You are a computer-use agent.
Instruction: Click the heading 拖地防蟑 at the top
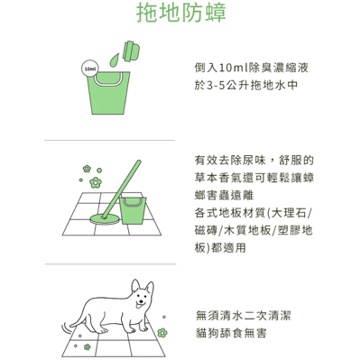pyautogui.click(x=180, y=14)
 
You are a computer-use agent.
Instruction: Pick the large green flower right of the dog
pyautogui.click(x=162, y=335)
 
